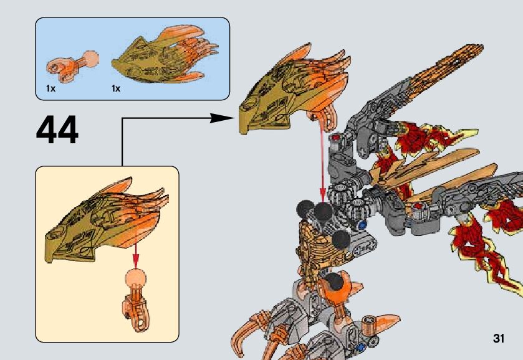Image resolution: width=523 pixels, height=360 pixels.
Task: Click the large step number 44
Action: click(57, 131)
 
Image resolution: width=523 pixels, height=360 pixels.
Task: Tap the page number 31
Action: click(498, 338)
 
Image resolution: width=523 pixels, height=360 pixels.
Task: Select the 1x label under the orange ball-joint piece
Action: click(50, 89)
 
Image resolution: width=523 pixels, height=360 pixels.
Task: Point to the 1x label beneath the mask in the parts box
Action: click(115, 89)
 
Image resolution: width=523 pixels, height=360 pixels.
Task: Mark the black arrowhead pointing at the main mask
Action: click(221, 118)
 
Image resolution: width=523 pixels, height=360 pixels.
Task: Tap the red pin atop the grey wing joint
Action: click(337, 138)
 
